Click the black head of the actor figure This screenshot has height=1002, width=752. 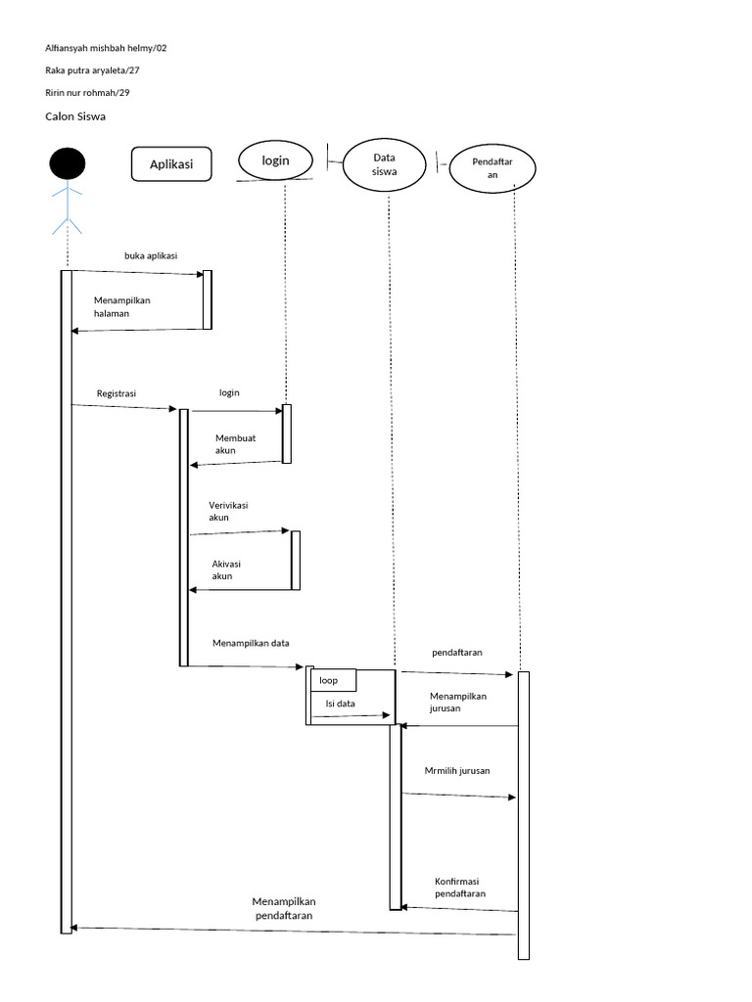(x=68, y=163)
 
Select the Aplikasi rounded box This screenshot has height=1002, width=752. (x=171, y=164)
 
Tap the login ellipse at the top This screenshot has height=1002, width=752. (x=275, y=160)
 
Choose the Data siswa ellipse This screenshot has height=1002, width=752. (x=384, y=164)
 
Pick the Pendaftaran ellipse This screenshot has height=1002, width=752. (x=493, y=167)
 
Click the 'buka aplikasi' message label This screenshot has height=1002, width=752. (x=151, y=255)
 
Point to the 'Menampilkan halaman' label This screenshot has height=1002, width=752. (x=122, y=307)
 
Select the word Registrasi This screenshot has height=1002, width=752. (x=117, y=393)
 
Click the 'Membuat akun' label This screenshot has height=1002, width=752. (x=235, y=444)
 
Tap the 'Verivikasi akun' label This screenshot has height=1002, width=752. (x=228, y=511)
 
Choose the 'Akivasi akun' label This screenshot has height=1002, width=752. (x=226, y=569)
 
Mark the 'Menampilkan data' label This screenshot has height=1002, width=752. (x=251, y=643)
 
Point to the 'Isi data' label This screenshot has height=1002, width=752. (x=340, y=704)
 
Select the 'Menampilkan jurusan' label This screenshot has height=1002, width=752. (x=457, y=702)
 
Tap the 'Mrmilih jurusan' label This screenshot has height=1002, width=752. (x=457, y=771)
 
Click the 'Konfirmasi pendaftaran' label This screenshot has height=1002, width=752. (x=460, y=887)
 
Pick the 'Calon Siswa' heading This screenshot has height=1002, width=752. (x=75, y=116)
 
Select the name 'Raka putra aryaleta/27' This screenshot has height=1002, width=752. (x=99, y=70)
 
